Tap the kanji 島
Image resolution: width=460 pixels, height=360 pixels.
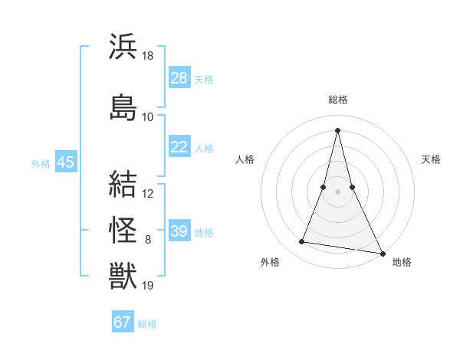(123, 108)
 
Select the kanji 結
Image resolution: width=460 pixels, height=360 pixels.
(123, 185)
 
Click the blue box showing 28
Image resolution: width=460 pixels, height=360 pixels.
(179, 78)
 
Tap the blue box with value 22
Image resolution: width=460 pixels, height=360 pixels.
(179, 147)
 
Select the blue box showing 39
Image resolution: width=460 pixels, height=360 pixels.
(179, 231)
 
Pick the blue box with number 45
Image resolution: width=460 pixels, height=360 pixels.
(65, 162)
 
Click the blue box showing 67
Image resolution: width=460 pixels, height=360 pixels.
(123, 322)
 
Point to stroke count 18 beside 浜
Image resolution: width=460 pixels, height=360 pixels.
(148, 56)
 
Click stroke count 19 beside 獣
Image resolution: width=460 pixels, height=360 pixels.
(148, 286)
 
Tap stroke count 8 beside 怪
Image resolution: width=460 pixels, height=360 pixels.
(148, 240)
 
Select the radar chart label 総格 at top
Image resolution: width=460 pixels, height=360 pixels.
(337, 100)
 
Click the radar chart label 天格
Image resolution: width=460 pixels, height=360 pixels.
(432, 159)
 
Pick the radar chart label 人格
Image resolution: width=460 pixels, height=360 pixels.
(245, 159)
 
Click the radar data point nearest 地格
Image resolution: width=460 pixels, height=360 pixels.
(383, 254)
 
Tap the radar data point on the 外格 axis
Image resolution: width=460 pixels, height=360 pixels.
(301, 242)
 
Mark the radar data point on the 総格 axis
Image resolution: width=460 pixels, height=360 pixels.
(337, 129)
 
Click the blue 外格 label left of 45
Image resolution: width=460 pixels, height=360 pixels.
(41, 163)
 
